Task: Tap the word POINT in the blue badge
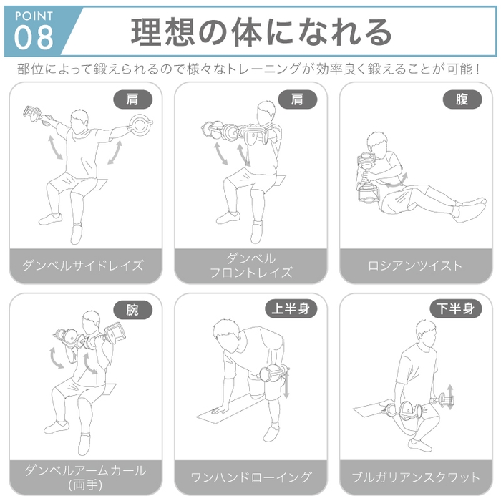point(33,14)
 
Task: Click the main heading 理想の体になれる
point(263,32)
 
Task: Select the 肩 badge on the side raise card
point(132,99)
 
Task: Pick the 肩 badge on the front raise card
point(297,99)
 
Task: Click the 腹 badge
point(462,99)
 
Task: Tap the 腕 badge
point(132,310)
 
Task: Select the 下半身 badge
point(456,309)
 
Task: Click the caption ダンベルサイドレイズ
point(84,266)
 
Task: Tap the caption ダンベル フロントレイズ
point(250,266)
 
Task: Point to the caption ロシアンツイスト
point(415,266)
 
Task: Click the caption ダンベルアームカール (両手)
point(84,477)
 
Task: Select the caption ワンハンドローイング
point(250,477)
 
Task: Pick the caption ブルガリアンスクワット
point(415,477)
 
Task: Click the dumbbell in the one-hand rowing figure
point(273,374)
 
